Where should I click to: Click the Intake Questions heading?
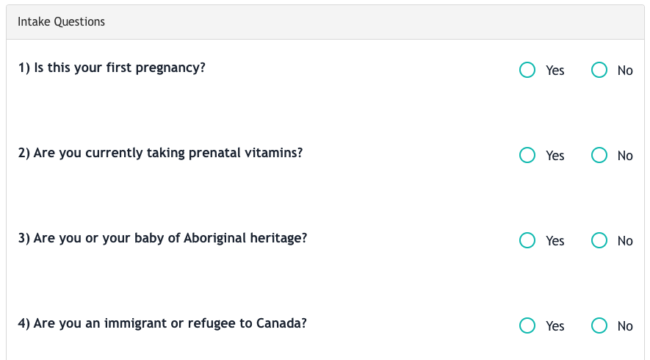click(62, 21)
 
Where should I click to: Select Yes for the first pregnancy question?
click(527, 70)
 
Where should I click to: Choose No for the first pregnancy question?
click(599, 70)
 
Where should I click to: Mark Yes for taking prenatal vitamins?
click(527, 155)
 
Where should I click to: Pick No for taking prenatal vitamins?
click(599, 155)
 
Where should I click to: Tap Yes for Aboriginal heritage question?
click(527, 240)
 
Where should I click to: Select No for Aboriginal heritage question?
click(599, 240)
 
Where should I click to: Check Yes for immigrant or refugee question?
click(527, 325)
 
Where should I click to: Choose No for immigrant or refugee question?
click(599, 325)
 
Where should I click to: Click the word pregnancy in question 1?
click(170, 68)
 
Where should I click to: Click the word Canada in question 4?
click(281, 323)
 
